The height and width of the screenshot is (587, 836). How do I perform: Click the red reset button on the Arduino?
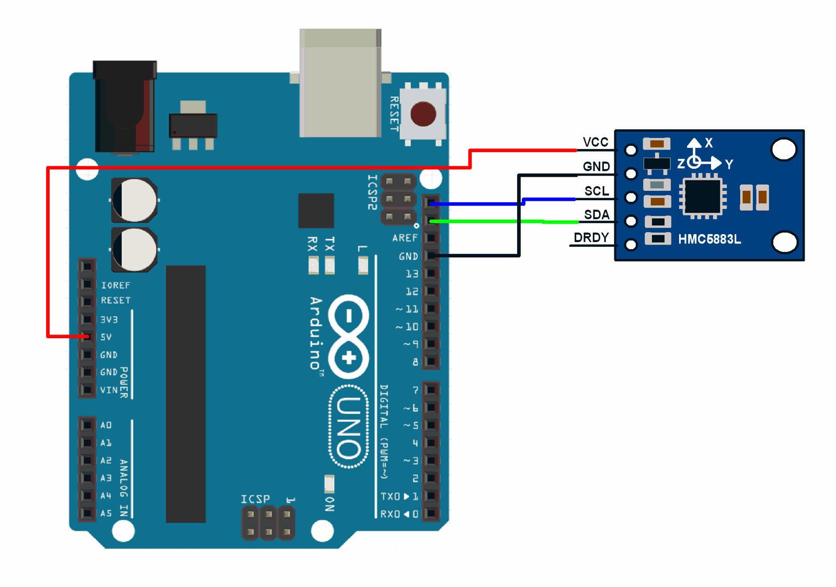tap(423, 114)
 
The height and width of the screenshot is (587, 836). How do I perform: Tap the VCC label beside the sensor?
tap(595, 142)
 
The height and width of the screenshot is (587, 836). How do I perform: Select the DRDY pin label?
tap(591, 238)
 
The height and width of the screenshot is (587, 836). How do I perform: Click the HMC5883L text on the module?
tap(709, 239)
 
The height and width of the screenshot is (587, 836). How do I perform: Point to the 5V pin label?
tap(106, 337)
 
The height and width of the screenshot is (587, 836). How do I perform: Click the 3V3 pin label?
tap(109, 319)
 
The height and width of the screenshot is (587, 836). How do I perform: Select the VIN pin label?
tap(109, 390)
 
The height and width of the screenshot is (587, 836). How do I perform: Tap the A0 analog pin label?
tap(106, 425)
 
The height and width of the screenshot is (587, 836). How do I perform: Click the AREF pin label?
tap(405, 238)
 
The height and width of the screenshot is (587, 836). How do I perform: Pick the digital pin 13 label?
tap(412, 274)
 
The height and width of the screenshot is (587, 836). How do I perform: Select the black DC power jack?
tap(124, 107)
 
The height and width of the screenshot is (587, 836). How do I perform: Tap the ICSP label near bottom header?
tap(255, 499)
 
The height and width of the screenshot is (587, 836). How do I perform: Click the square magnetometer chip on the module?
tap(703, 197)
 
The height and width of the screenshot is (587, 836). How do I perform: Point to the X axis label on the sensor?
tap(708, 143)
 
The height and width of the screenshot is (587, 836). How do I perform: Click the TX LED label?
tap(329, 244)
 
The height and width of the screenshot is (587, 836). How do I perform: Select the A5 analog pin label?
tap(106, 513)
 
